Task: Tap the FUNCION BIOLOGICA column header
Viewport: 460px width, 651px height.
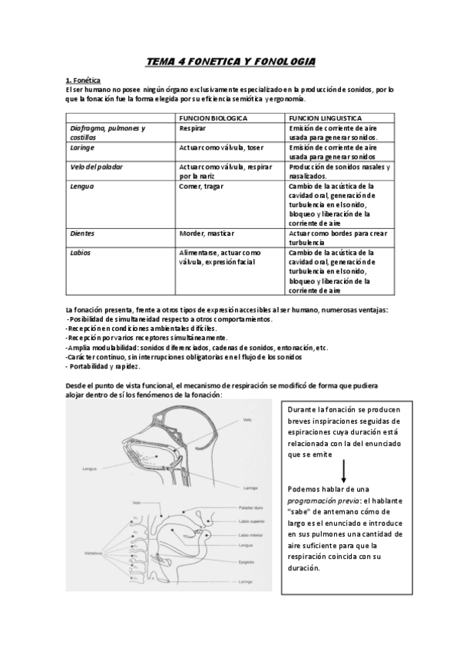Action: (213, 119)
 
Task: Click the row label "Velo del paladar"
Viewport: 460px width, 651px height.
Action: (97, 166)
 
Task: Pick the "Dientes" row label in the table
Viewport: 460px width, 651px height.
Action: (82, 233)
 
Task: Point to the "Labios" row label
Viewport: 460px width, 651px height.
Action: (81, 252)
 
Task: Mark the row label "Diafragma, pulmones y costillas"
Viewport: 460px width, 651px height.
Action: (108, 132)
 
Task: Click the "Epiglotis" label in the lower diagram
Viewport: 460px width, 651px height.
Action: (248, 561)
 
